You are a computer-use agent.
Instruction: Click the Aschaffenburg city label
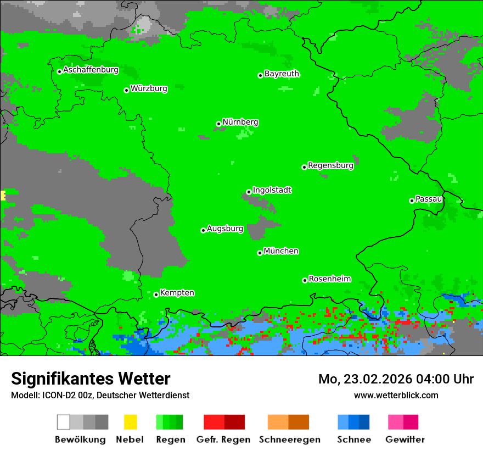tap(91, 70)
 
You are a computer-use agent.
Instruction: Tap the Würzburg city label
tap(149, 88)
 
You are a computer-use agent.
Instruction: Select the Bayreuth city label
tap(282, 74)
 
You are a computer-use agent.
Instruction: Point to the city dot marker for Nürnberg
tap(219, 124)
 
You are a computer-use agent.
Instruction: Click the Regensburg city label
tap(330, 165)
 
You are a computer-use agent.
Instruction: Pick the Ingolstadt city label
tap(272, 191)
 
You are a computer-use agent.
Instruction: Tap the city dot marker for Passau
tap(412, 201)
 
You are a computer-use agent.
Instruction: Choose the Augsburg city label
tap(225, 229)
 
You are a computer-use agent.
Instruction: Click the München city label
tap(281, 251)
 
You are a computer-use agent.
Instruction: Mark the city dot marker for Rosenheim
tap(305, 280)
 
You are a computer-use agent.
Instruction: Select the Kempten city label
tap(177, 293)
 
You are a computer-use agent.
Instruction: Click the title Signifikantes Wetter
tap(91, 379)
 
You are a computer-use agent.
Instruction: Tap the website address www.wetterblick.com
tap(396, 395)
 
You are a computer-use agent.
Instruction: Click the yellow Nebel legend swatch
tap(130, 422)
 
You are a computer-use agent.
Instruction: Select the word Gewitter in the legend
tap(405, 440)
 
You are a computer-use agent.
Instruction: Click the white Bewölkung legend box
tap(64, 422)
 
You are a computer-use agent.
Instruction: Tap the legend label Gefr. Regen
tap(223, 440)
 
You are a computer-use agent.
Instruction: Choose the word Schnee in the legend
tap(353, 440)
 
